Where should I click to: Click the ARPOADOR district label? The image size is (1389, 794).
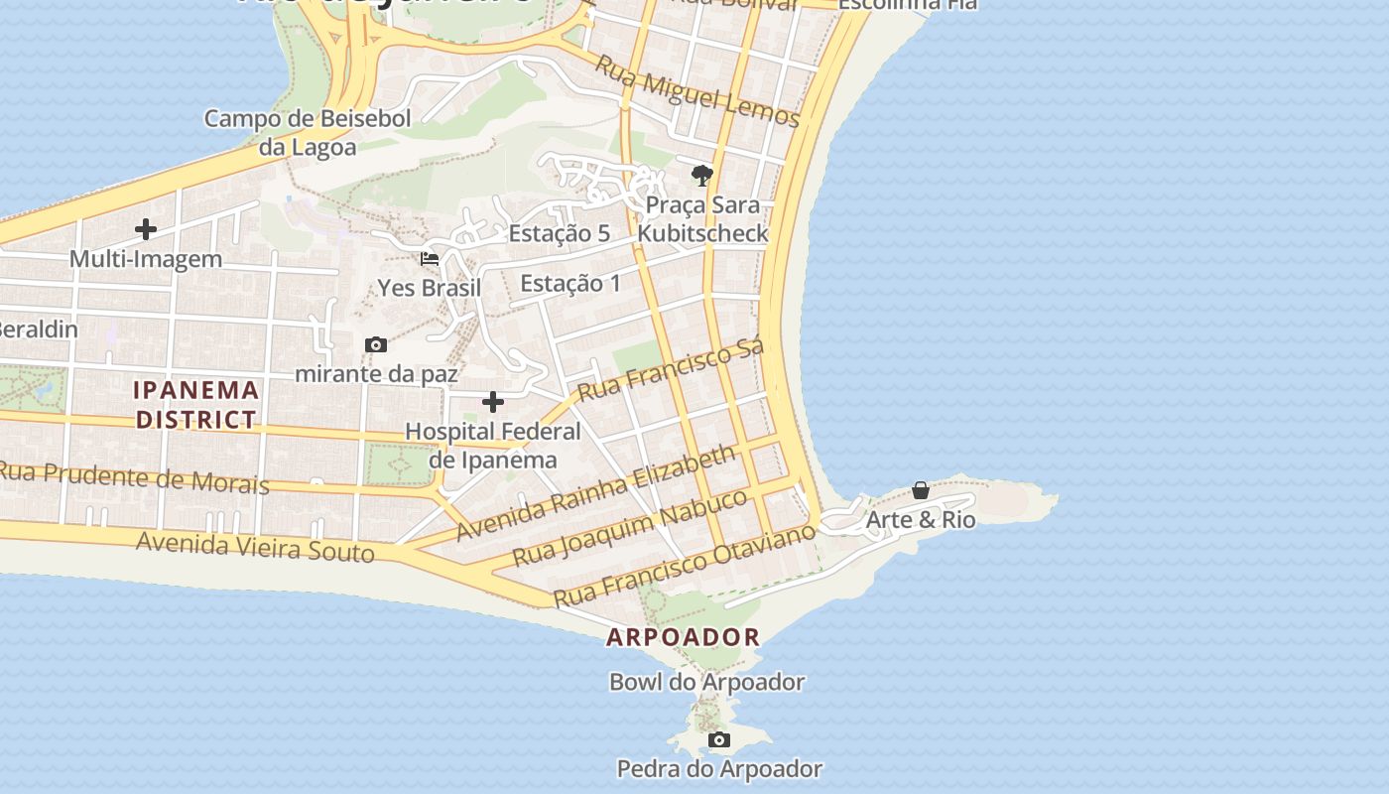(683, 637)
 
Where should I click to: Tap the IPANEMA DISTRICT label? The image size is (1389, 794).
(196, 404)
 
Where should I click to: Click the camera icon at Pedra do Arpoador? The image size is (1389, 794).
(719, 740)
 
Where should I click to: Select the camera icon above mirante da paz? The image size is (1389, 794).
(376, 345)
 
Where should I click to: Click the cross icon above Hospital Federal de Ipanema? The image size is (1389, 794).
(493, 402)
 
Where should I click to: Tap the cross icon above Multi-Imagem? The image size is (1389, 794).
(146, 230)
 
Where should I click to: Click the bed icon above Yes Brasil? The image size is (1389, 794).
(430, 259)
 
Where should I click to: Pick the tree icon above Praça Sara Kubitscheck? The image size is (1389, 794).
(702, 177)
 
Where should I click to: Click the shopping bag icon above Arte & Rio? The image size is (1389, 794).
(921, 490)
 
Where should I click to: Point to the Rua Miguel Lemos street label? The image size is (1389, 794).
(696, 90)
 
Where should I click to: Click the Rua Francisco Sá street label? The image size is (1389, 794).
(671, 369)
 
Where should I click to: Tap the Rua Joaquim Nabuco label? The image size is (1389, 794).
(629, 526)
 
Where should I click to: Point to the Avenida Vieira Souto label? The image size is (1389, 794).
(255, 547)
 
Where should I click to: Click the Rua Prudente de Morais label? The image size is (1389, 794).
(134, 477)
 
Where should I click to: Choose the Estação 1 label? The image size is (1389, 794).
(569, 284)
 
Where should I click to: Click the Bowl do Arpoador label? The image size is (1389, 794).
(706, 683)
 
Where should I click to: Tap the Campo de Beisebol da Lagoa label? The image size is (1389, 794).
(307, 133)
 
